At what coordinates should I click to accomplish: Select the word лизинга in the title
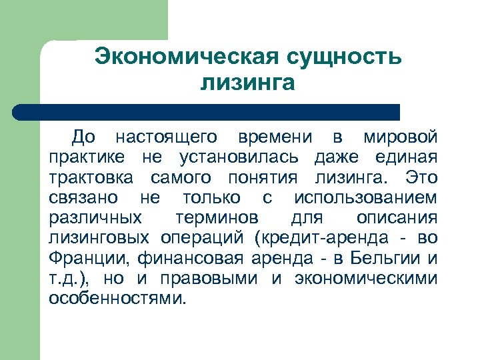pyautogui.click(x=247, y=83)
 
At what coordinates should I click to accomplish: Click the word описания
pyautogui.click(x=397, y=218)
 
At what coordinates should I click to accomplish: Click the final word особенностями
pyautogui.click(x=115, y=298)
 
